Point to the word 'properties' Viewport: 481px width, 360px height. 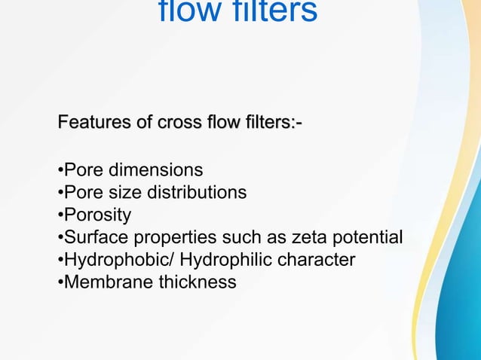point(173,238)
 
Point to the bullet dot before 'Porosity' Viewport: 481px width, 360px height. point(60,216)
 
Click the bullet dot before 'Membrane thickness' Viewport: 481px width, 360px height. point(60,283)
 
